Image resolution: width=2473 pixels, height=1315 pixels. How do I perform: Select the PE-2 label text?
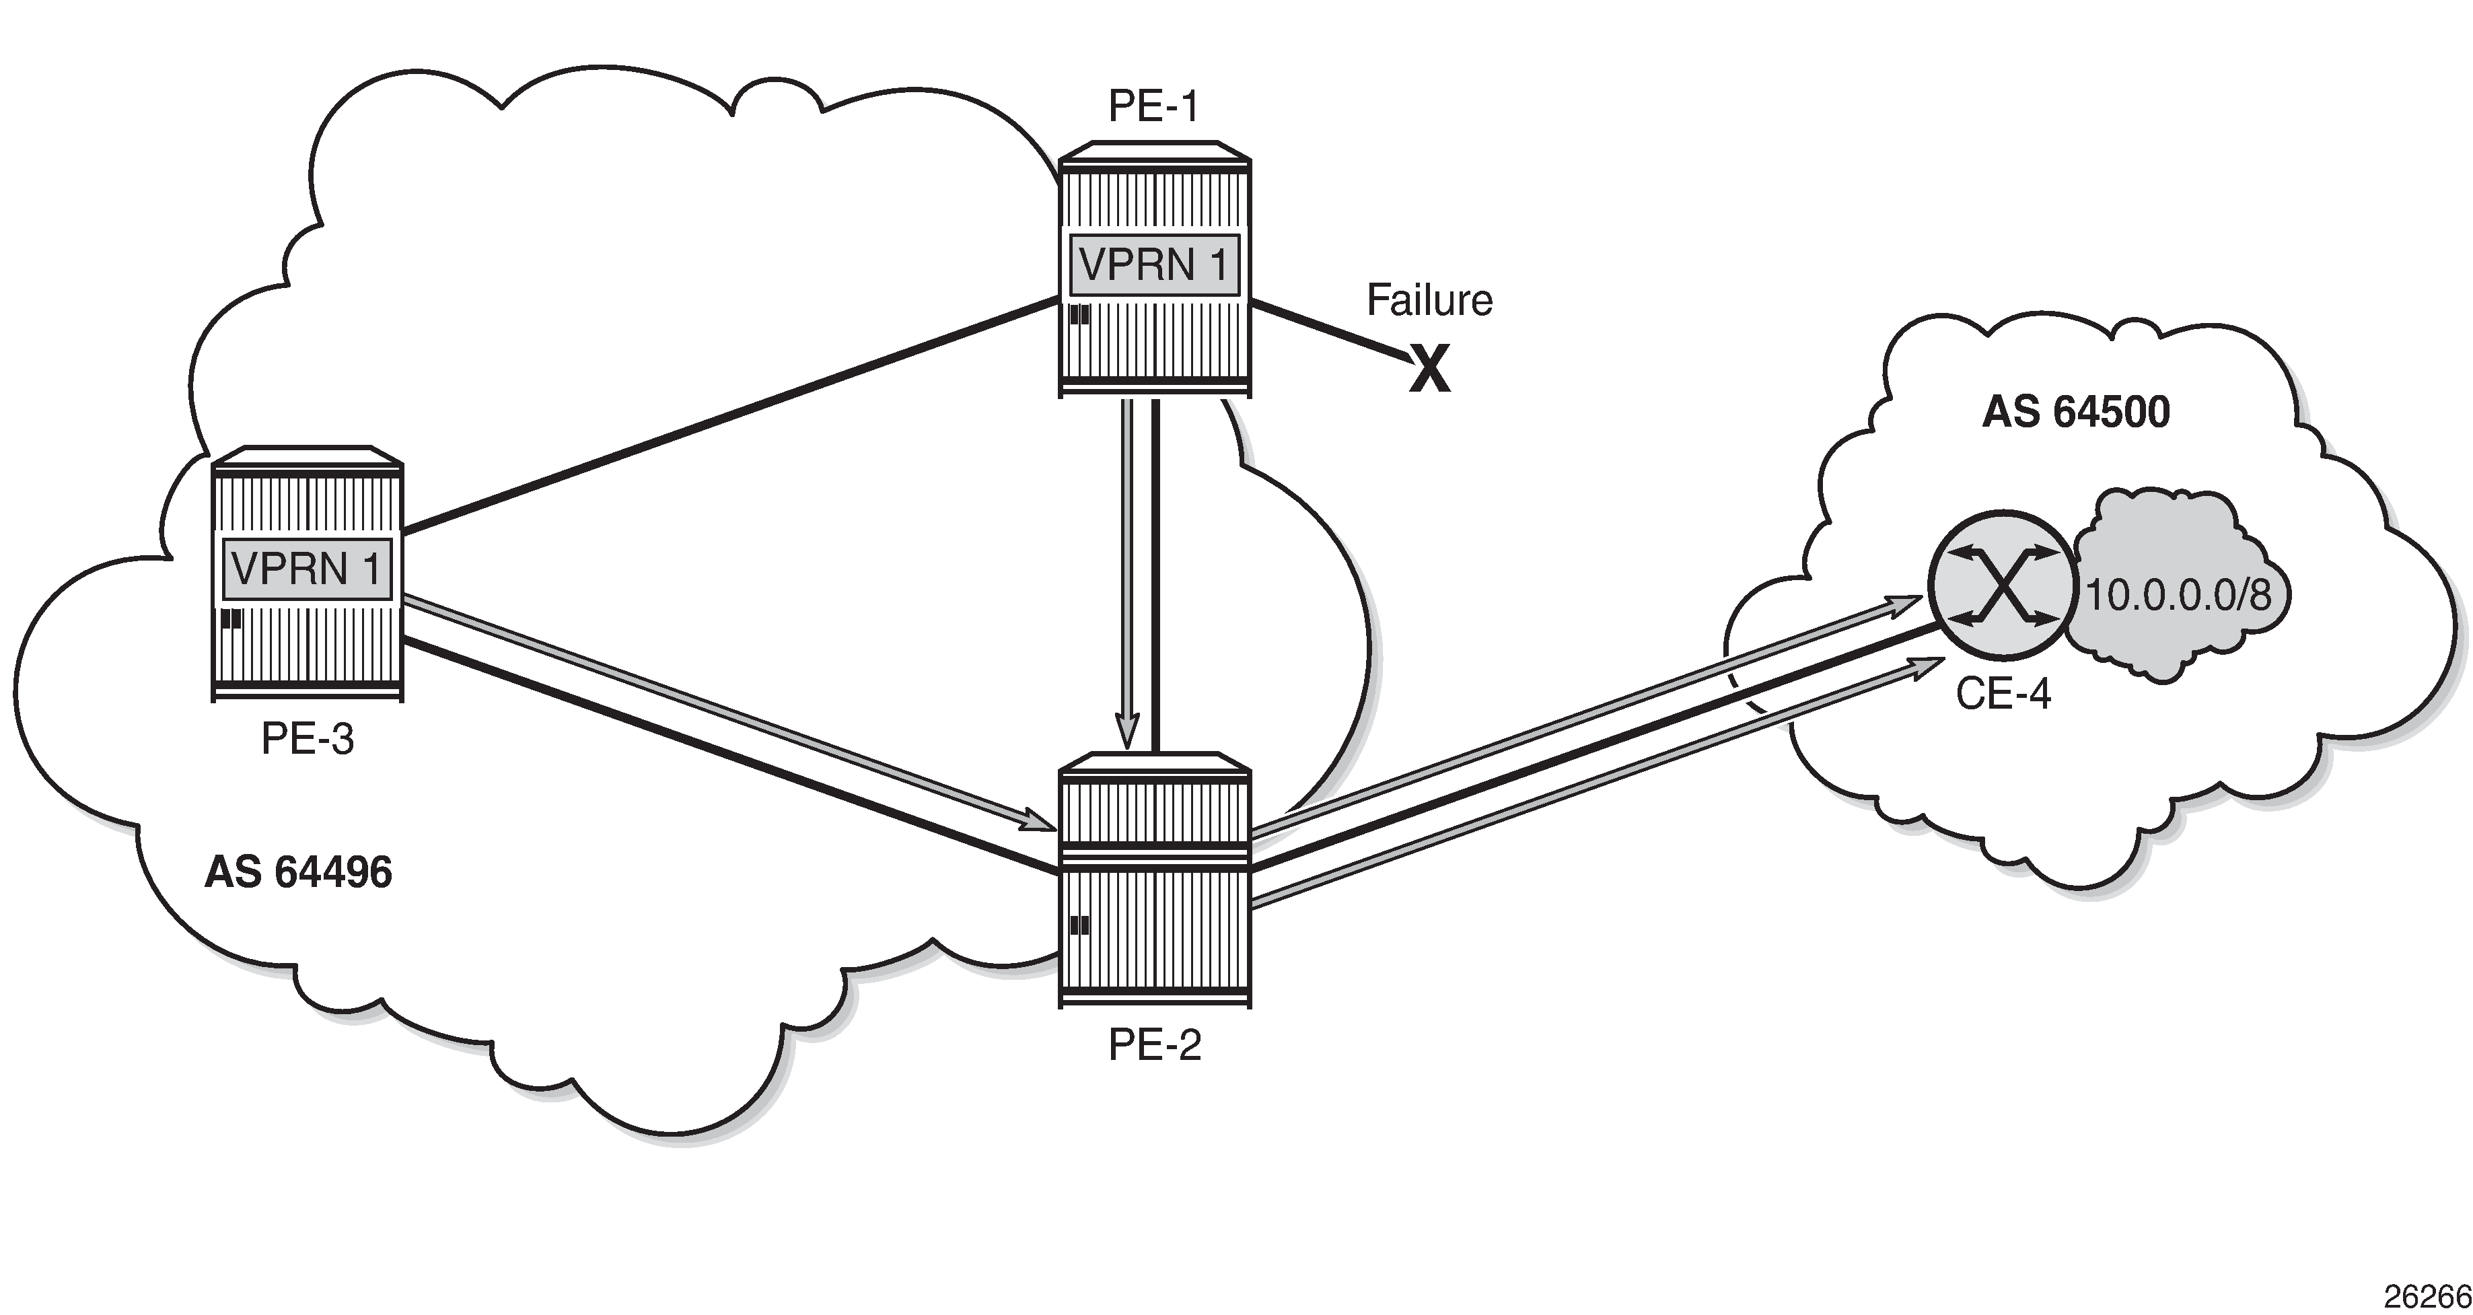click(x=1154, y=1044)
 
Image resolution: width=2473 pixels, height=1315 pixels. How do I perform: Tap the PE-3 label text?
click(x=308, y=739)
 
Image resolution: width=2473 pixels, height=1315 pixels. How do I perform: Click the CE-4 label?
click(x=2003, y=693)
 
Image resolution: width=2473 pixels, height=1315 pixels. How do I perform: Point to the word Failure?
click(x=1429, y=300)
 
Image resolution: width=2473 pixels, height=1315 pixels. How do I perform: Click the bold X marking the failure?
click(x=1429, y=371)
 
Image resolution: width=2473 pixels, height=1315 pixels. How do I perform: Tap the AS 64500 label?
click(x=2075, y=412)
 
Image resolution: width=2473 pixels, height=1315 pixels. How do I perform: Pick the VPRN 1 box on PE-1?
click(x=1154, y=264)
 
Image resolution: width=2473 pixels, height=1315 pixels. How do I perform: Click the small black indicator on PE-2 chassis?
click(x=1079, y=925)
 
